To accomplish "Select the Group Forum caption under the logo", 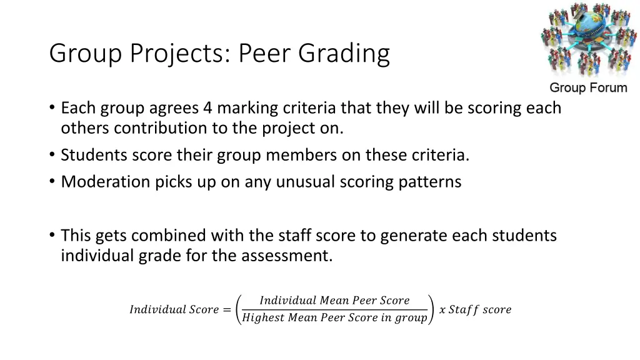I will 588,88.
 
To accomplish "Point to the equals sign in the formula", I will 226,309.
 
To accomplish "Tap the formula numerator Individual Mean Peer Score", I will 334,301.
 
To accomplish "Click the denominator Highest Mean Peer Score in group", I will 334,318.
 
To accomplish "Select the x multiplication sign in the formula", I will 442,309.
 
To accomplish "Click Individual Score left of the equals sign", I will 174,309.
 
